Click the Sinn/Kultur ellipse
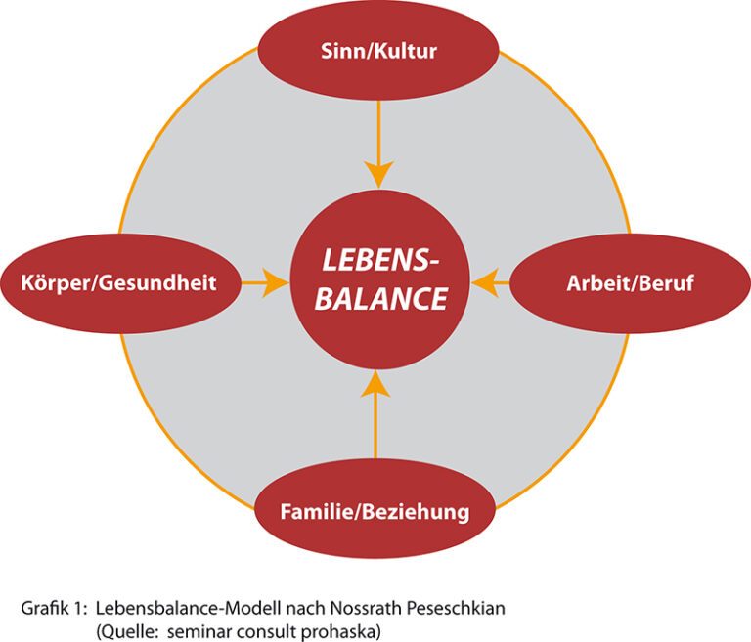tap(378, 50)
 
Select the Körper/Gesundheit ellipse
tap(119, 283)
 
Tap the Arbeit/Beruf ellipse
tap(630, 283)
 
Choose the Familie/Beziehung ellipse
tap(375, 511)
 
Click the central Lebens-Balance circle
tap(380, 279)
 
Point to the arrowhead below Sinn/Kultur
tap(378, 174)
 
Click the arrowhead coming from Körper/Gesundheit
tap(276, 283)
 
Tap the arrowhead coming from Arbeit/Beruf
tap(485, 283)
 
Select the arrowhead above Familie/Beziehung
tap(375, 384)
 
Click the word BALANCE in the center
tap(381, 299)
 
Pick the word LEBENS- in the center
tap(380, 260)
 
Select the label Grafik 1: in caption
tap(54, 608)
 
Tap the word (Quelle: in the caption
tap(127, 632)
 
